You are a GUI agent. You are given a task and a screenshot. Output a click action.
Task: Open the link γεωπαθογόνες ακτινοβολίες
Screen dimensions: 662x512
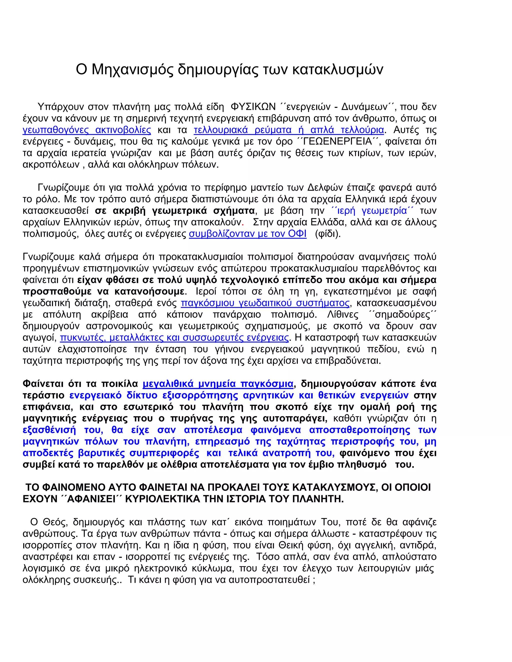coord(87,130)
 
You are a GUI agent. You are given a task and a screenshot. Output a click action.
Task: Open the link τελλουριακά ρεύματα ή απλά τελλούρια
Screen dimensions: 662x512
coord(289,130)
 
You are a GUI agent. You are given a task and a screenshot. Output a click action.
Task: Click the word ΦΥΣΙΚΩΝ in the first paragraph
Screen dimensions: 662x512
coord(253,107)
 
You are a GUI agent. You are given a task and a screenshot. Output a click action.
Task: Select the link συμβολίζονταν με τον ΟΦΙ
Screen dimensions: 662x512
coord(247,234)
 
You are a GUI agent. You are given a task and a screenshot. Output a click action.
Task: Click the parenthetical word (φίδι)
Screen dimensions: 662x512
coord(327,234)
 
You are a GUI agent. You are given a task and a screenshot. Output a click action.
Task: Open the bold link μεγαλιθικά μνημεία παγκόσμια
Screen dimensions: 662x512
coord(218,384)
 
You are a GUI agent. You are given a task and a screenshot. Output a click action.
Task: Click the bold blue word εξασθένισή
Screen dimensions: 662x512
coord(49,430)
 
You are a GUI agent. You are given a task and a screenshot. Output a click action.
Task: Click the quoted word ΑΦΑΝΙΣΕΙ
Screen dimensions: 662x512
coord(91,499)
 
